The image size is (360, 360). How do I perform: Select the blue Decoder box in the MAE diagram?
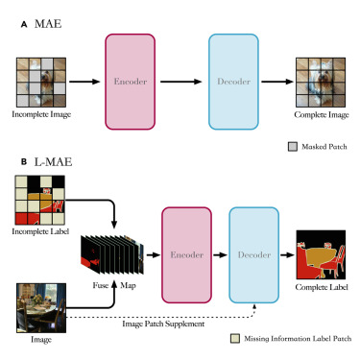232,83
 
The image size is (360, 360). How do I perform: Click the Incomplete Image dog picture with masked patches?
36,83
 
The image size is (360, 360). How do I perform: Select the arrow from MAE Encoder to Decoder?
183,83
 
